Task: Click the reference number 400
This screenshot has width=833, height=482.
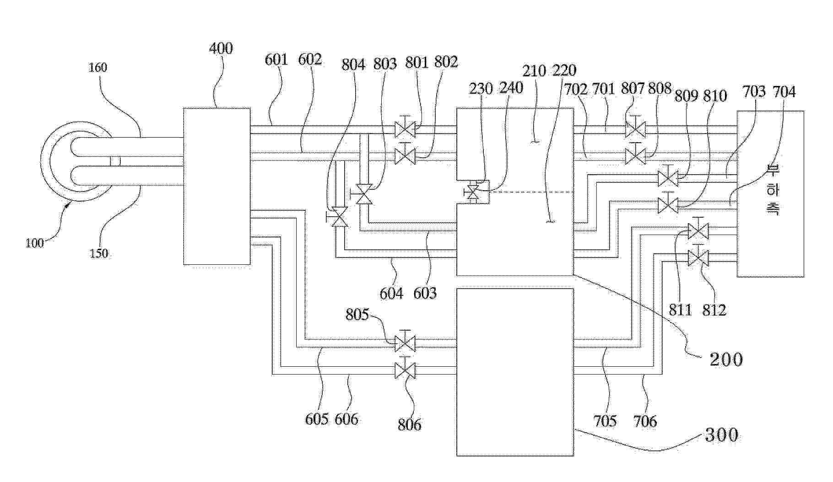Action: coord(221,48)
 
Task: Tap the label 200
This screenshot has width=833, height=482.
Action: coord(726,359)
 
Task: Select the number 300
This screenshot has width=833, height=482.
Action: coord(722,434)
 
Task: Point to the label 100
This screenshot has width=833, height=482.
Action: coord(35,243)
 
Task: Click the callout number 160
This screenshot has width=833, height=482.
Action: coord(97,68)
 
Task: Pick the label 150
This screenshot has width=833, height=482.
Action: coord(99,253)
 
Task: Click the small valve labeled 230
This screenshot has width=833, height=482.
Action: coord(471,193)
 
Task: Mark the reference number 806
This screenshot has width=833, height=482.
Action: coord(409,425)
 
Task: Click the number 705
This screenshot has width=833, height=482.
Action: coord(605,421)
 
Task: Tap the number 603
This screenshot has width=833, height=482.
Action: coord(425,293)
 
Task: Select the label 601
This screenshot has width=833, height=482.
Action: coord(276,60)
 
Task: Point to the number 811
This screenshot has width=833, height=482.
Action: coord(680,310)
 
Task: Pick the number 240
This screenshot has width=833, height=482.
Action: coord(511,88)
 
